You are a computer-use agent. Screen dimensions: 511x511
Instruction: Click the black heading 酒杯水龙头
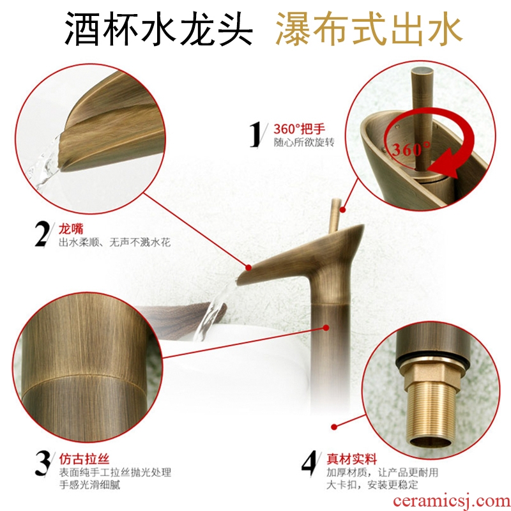(x=158, y=29)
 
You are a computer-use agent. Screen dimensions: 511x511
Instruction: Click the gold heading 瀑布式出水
(x=369, y=29)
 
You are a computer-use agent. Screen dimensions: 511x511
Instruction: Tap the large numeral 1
(x=256, y=135)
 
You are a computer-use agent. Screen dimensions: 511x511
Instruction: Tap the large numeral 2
(x=42, y=234)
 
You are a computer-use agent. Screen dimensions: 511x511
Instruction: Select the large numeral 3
(x=42, y=464)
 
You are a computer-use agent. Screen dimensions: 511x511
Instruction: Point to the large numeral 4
(x=309, y=464)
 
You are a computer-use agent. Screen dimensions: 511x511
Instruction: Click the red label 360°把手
(x=299, y=129)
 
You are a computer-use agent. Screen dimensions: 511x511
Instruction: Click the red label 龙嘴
(x=71, y=229)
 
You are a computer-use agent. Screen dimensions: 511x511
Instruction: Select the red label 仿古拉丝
(x=84, y=459)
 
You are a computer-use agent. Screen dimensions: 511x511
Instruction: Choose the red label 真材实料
(x=352, y=459)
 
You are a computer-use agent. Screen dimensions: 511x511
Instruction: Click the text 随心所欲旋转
(x=304, y=142)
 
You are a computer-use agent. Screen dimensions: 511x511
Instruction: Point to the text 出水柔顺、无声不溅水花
(x=115, y=243)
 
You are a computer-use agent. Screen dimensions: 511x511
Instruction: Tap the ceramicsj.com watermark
(x=452, y=501)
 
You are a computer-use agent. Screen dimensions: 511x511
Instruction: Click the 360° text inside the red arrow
(x=411, y=149)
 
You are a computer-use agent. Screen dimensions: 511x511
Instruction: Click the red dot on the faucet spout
(x=248, y=268)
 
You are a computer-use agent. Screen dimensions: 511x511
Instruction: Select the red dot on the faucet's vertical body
(x=326, y=328)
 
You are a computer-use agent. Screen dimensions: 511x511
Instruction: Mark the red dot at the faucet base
(x=333, y=427)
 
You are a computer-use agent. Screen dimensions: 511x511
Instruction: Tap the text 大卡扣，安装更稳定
(x=372, y=485)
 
